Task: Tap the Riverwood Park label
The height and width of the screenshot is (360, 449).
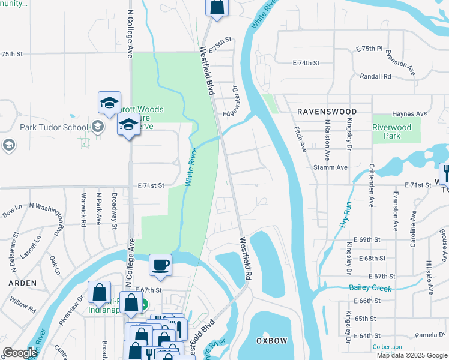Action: [x=391, y=131]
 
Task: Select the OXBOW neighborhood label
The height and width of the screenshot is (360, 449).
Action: [x=272, y=341]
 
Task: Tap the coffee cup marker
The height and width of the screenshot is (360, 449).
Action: [x=160, y=265]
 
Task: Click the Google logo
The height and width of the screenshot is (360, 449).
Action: [x=20, y=353]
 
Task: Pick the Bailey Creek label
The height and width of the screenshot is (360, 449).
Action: [x=370, y=289]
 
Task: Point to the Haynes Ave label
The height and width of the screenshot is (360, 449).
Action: [x=409, y=113]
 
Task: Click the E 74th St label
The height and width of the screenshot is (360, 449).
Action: [x=306, y=62]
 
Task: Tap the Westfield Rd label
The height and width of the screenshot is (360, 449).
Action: [x=244, y=259]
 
